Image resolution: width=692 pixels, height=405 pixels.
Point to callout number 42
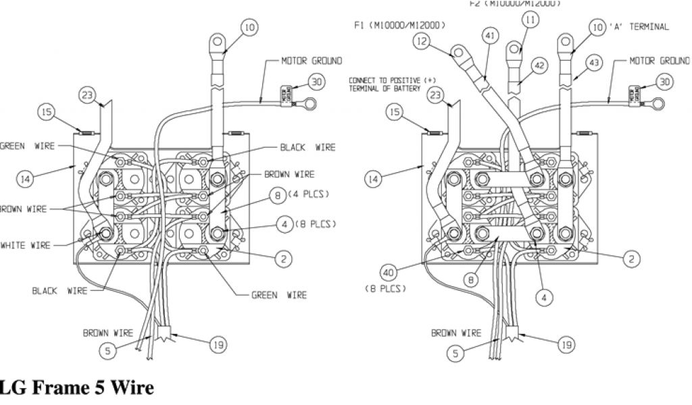[x=538, y=66]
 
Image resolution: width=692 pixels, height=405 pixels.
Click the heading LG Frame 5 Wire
[x=76, y=388]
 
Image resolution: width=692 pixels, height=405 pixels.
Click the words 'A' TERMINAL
[x=639, y=27]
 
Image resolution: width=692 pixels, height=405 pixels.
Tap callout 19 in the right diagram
[x=566, y=344]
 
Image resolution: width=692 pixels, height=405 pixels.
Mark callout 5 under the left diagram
[x=109, y=350]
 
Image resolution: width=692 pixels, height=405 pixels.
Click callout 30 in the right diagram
[x=665, y=82]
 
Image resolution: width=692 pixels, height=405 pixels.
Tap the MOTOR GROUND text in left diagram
[x=312, y=61]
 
